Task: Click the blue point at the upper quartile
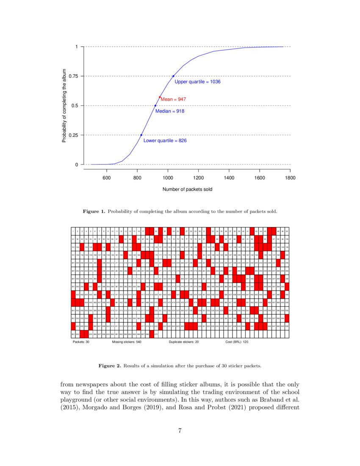pos(173,76)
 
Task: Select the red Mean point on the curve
pos(160,97)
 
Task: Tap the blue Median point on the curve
pos(155,105)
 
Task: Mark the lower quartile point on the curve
pos(141,135)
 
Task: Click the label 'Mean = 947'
pos(173,99)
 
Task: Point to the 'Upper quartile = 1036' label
pos(197,81)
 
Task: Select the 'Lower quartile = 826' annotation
pos(165,140)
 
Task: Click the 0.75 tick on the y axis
pos(72,76)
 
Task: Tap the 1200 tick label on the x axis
pos(198,178)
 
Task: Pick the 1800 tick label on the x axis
pos(290,178)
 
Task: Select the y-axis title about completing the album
pos(64,106)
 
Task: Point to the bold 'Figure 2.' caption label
pos(109,365)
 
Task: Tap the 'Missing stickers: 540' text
pos(127,341)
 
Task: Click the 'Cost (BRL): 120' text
pos(237,341)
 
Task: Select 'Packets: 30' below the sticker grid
pos(81,341)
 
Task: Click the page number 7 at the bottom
pos(180,431)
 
